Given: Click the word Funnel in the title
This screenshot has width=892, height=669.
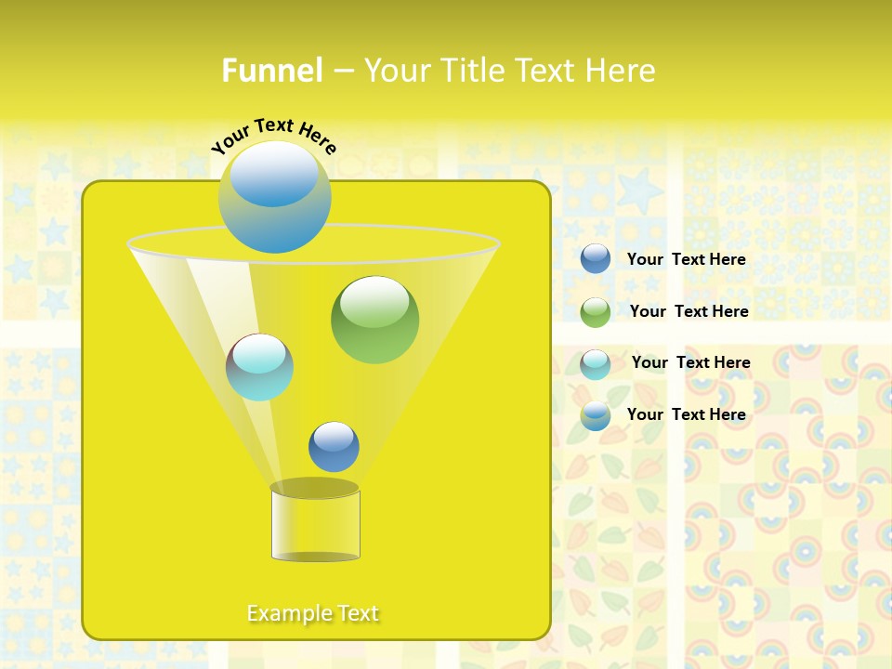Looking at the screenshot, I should tap(271, 71).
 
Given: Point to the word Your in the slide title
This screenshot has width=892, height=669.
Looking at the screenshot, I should tap(396, 71).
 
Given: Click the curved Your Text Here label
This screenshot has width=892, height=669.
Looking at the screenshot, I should tap(273, 135).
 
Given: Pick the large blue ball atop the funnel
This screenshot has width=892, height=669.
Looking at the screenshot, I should tap(274, 196).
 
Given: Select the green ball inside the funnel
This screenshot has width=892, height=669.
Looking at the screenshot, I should tap(374, 320).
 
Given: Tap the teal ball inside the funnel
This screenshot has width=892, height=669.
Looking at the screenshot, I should tap(259, 367).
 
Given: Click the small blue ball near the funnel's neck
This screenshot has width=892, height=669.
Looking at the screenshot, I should tap(334, 446).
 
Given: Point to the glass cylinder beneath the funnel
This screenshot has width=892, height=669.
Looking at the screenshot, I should tap(315, 525).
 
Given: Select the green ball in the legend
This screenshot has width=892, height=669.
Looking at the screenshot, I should tap(596, 312).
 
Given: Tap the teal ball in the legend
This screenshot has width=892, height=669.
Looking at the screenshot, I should tap(596, 364).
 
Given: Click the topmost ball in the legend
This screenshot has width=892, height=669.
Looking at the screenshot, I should tap(596, 259).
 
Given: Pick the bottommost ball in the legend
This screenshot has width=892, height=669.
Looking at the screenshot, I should tap(596, 415).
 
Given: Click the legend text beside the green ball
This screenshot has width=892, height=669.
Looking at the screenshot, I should tap(689, 311).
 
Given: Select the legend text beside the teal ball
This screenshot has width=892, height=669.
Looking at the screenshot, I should tap(690, 362).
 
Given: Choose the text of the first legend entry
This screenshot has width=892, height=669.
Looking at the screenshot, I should tap(686, 259).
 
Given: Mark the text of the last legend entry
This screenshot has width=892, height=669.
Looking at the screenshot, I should tap(686, 414).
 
